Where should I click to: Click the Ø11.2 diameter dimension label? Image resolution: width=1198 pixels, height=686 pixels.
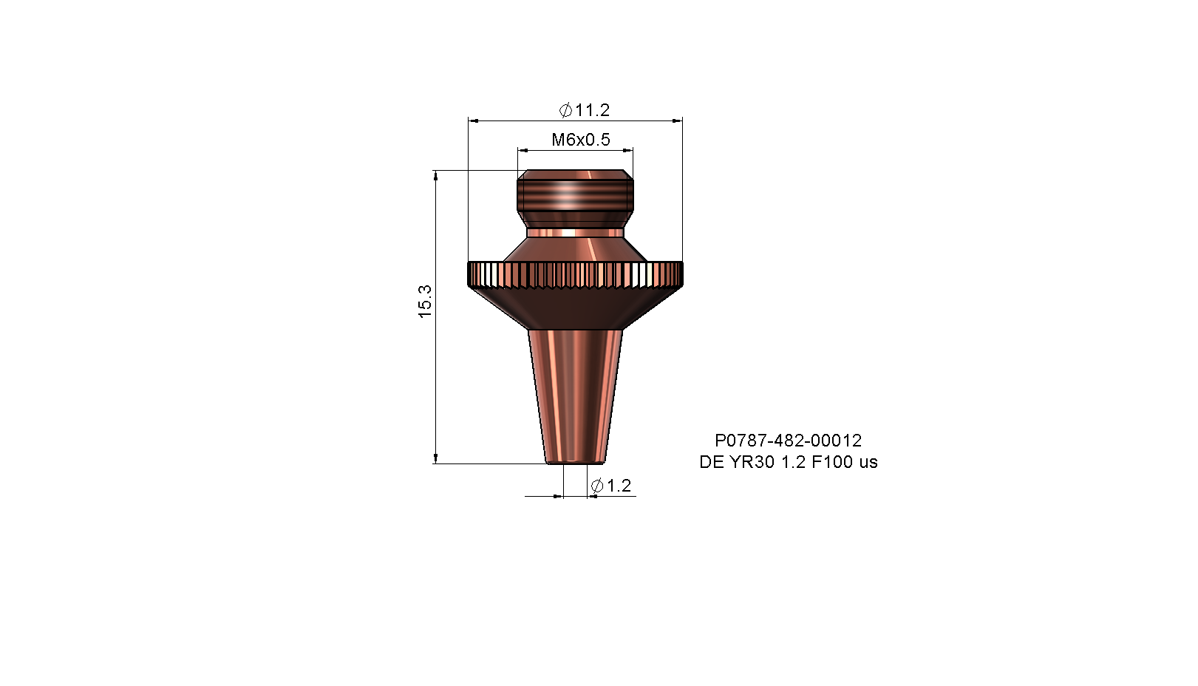pyautogui.click(x=584, y=110)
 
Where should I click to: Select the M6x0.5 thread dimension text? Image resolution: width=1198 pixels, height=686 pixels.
pyautogui.click(x=581, y=140)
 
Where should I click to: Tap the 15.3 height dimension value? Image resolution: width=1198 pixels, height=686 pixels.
pyautogui.click(x=425, y=302)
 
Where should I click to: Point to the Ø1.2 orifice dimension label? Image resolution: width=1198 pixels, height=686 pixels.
pyautogui.click(x=610, y=486)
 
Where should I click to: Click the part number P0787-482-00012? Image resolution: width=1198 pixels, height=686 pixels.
pyautogui.click(x=789, y=441)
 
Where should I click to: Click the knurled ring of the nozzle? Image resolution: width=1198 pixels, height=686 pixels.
pyautogui.click(x=576, y=274)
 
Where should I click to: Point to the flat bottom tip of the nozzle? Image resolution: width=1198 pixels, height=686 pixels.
pyautogui.click(x=575, y=462)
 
